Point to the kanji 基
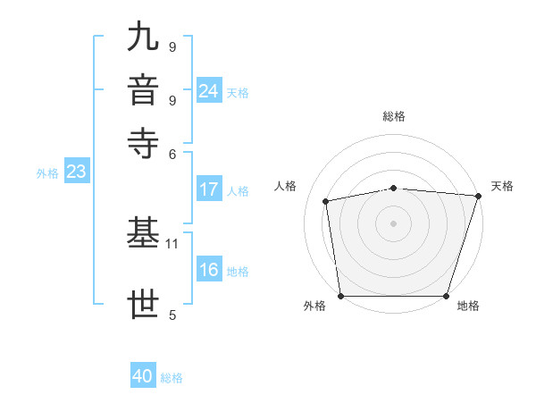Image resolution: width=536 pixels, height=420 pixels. (x=145, y=234)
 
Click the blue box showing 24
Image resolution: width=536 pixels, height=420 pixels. (x=209, y=91)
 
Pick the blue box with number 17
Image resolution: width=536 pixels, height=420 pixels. (x=209, y=189)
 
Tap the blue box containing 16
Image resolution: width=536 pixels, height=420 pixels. (x=209, y=271)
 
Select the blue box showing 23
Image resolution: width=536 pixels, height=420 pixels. (x=76, y=172)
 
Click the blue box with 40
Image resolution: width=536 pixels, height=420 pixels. (x=143, y=377)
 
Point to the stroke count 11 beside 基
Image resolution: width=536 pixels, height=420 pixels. (x=173, y=243)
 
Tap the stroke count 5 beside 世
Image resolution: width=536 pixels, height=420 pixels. (x=172, y=315)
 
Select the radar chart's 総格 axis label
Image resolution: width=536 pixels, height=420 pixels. (x=394, y=116)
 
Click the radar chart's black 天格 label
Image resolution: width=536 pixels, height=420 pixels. (x=502, y=186)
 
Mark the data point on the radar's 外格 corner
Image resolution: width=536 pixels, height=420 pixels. (x=341, y=296)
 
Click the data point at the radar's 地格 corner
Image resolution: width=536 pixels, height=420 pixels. (x=447, y=296)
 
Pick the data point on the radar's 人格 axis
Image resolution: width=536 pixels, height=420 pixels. (x=326, y=201)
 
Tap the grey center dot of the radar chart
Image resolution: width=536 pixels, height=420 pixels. (x=394, y=223)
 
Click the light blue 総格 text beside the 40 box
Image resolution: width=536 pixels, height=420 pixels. (x=172, y=378)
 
